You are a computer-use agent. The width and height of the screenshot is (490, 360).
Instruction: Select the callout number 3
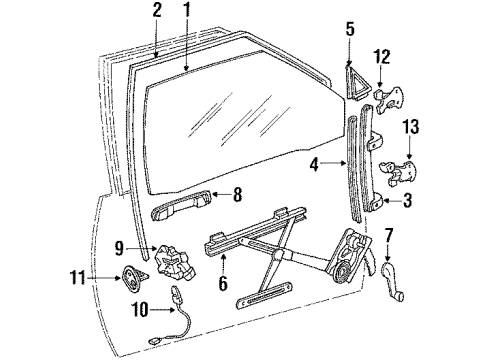pyautogui.click(x=408, y=200)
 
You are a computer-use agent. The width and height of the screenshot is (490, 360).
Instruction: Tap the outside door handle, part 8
pyautogui.click(x=182, y=210)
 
